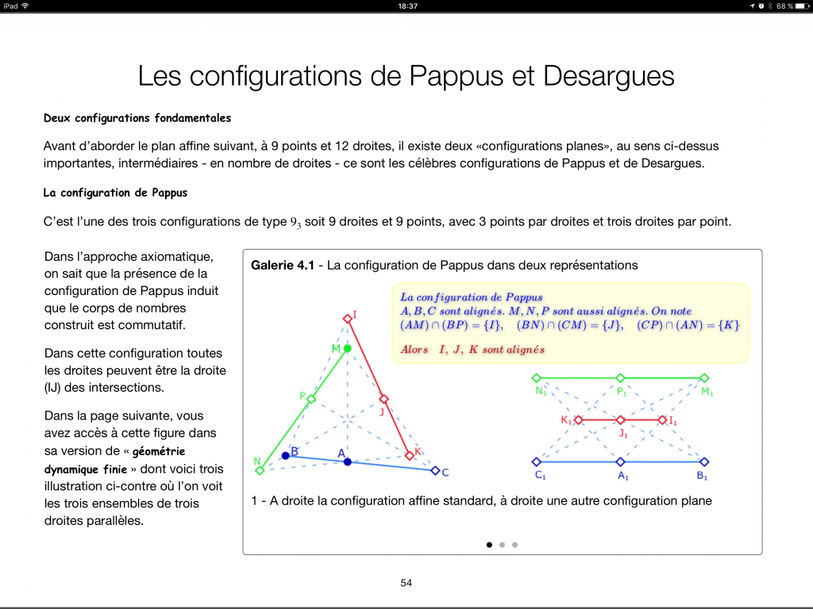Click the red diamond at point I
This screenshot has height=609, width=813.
[347, 319]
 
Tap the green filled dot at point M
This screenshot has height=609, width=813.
[347, 349]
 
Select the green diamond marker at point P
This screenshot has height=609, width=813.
[311, 399]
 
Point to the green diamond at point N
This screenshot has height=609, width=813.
[260, 471]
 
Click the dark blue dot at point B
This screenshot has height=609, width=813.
[285, 455]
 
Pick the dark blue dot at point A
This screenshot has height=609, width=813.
[347, 462]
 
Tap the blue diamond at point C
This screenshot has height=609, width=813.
[434, 471]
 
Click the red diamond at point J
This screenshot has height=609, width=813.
[383, 400]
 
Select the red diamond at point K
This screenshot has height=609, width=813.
[410, 455]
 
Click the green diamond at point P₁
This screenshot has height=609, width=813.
[620, 378]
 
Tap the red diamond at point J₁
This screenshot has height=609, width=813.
[620, 419]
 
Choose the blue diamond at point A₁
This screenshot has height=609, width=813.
[620, 462]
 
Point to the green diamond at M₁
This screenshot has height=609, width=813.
[704, 378]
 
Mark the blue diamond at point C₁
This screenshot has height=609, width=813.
[536, 462]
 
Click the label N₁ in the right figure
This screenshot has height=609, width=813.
[541, 392]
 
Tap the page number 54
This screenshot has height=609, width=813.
[406, 583]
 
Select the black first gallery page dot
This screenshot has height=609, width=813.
[489, 545]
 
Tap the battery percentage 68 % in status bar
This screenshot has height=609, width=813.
[785, 6]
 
